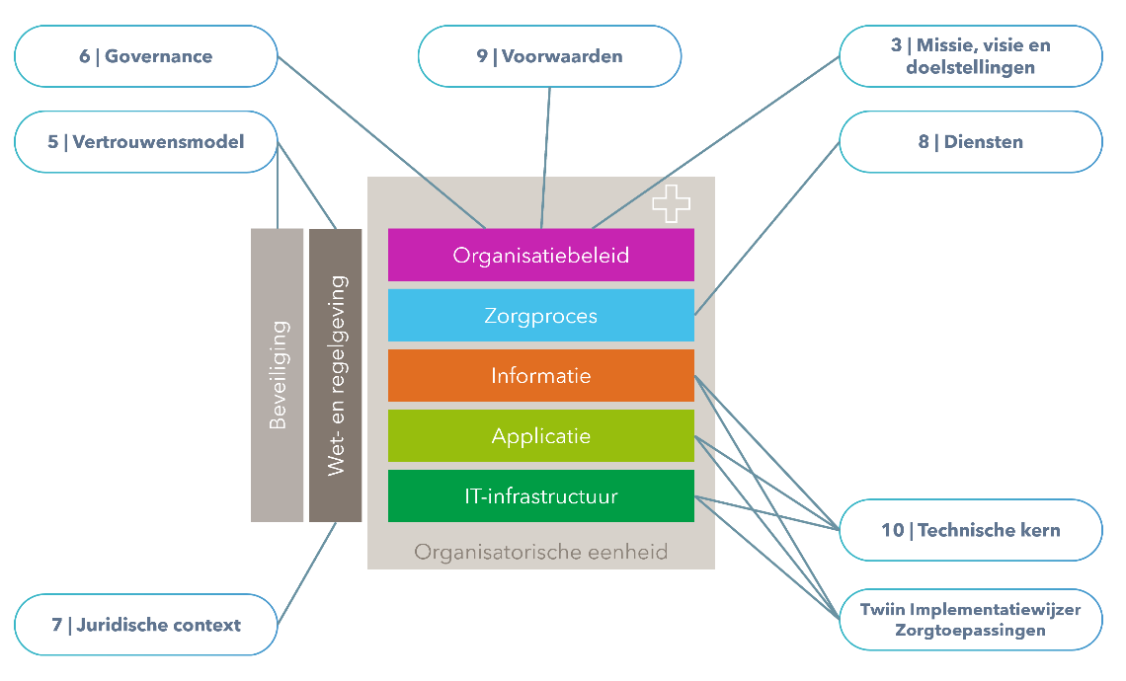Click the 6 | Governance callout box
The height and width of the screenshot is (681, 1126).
[x=146, y=56]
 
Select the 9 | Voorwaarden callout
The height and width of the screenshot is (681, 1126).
[x=549, y=56]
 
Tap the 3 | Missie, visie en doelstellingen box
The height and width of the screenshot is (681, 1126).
[x=970, y=56]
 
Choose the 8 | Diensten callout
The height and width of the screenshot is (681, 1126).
[x=970, y=142]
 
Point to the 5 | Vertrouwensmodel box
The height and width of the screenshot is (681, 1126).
[x=146, y=142]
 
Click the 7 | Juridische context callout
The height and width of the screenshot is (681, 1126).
[x=146, y=625]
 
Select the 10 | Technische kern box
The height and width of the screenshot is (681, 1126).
[x=970, y=530]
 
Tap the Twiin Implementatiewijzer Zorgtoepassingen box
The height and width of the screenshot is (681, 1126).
[x=970, y=620]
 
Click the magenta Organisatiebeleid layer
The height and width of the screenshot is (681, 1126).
[x=540, y=255]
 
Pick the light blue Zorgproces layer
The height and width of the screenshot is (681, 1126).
[x=540, y=316]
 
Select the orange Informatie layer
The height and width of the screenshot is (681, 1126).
[x=540, y=376]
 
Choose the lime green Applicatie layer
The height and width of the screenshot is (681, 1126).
[x=540, y=436]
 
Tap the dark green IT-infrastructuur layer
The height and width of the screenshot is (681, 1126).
[x=540, y=496]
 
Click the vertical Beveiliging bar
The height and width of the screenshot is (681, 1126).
[x=277, y=375]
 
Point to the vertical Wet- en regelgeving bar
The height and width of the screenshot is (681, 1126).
[x=335, y=375]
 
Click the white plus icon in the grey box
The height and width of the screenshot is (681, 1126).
[x=672, y=202]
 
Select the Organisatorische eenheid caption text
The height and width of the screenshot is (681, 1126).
[x=540, y=552]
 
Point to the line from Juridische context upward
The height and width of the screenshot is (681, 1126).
[x=307, y=572]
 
